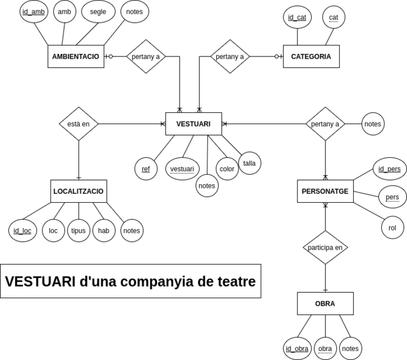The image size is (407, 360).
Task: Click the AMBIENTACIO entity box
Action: tap(76, 56)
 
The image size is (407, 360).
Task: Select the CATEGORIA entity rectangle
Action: tap(310, 56)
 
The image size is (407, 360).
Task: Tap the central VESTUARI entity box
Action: tap(193, 124)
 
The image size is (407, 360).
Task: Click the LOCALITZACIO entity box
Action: tap(79, 191)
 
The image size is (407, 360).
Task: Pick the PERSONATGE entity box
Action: tap(325, 191)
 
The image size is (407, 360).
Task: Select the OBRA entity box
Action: tap(325, 303)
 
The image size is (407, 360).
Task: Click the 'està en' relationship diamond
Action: tap(79, 124)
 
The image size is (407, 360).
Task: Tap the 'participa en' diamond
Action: tap(325, 247)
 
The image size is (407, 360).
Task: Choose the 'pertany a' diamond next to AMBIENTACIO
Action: tap(146, 56)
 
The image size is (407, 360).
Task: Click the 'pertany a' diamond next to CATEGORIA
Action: tap(230, 56)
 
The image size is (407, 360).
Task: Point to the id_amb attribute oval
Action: tap(34, 12)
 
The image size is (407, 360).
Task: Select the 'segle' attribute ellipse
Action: tap(98, 12)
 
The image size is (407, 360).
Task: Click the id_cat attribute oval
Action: tap(297, 17)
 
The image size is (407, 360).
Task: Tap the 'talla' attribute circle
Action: tap(249, 163)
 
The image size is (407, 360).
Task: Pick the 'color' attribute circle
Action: tap(227, 169)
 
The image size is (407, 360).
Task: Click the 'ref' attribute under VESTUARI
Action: tap(146, 169)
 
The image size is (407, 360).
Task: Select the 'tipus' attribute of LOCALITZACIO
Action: tap(79, 230)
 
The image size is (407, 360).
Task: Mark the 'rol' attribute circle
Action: tap(392, 227)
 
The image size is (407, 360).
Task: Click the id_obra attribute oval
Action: tap(297, 348)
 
